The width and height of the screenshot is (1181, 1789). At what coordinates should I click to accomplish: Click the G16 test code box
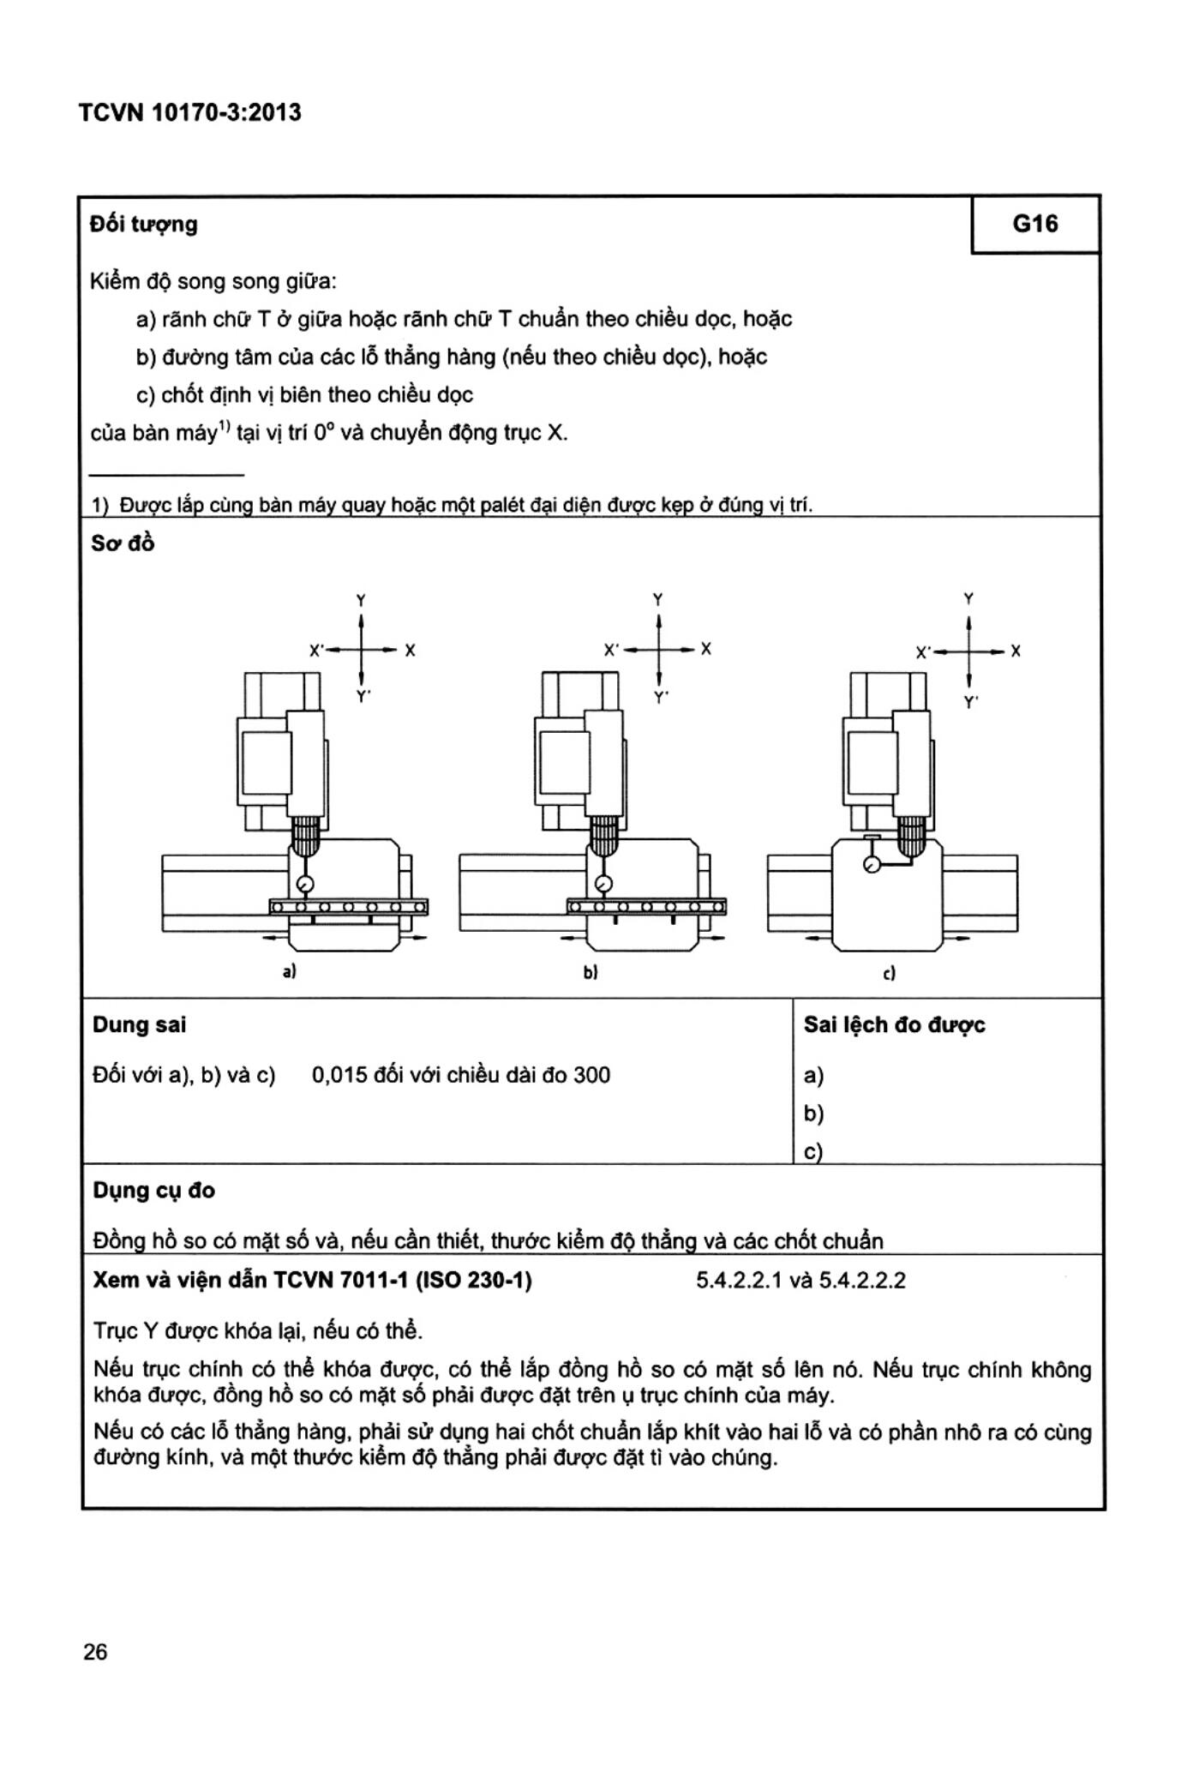[1034, 225]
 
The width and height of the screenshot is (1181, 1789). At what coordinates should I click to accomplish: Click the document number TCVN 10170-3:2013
[189, 113]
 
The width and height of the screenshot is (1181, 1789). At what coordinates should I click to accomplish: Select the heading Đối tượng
[144, 225]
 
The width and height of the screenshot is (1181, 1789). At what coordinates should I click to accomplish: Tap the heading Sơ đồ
[123, 543]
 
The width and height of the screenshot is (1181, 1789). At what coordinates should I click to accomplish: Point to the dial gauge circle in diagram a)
[304, 885]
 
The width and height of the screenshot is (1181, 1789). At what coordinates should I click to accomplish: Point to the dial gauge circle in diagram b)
[602, 884]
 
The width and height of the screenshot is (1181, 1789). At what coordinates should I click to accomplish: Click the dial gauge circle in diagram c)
[872, 865]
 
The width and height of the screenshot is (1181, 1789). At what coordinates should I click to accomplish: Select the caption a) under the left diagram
[290, 972]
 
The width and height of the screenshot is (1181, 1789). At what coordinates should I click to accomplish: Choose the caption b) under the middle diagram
[590, 973]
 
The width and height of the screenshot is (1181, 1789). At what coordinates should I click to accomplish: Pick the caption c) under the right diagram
[889, 974]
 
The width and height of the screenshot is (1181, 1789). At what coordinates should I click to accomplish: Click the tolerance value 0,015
[339, 1075]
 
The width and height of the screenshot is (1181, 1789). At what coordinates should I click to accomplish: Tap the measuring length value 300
[591, 1075]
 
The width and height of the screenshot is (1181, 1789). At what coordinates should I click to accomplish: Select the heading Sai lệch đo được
[894, 1025]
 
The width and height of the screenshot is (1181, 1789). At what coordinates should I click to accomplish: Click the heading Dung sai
[139, 1025]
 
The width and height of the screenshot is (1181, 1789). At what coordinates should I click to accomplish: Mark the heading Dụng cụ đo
[153, 1190]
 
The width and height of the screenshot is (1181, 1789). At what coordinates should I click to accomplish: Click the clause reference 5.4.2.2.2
[862, 1281]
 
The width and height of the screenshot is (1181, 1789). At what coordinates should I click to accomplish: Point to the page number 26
[95, 1652]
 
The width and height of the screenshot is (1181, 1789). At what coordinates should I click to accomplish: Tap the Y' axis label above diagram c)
[970, 703]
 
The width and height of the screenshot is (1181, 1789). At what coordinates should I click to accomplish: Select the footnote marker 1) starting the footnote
[100, 505]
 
